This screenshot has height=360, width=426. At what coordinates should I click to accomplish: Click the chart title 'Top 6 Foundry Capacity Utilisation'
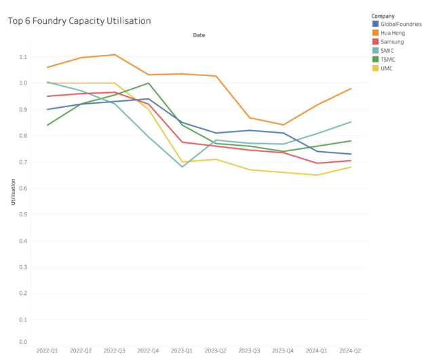pyautogui.click(x=79, y=21)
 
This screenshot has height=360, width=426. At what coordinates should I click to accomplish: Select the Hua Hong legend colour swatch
pyautogui.click(x=375, y=33)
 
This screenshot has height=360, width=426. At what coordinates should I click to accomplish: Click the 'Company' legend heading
pyautogui.click(x=383, y=15)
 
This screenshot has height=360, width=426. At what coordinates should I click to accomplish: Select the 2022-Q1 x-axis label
pyautogui.click(x=47, y=351)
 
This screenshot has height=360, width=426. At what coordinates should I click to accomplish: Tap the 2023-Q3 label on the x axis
pyautogui.click(x=250, y=351)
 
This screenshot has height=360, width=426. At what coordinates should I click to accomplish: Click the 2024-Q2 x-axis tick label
pyautogui.click(x=351, y=351)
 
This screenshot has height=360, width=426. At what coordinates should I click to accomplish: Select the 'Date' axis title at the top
pyautogui.click(x=199, y=35)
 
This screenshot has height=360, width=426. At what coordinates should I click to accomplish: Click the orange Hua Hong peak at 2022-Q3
pyautogui.click(x=115, y=55)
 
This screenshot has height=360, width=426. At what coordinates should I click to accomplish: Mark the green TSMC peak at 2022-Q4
pyautogui.click(x=149, y=83)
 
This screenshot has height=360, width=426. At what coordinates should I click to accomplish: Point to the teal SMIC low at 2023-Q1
pyautogui.click(x=182, y=167)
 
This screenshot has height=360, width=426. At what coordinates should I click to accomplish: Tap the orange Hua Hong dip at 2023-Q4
pyautogui.click(x=283, y=125)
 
